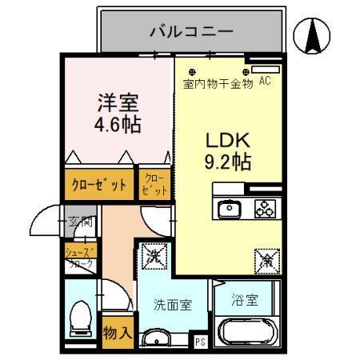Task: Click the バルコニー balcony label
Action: tap(191, 33)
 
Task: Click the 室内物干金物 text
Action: tap(218, 82)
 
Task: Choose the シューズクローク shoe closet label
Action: tap(79, 258)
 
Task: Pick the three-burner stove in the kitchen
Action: tap(265, 209)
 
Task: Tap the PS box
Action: tap(201, 341)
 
